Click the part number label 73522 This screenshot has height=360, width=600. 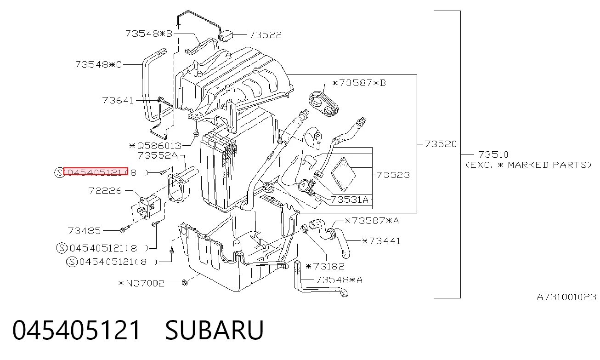click(265, 35)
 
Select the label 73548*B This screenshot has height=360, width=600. click(149, 34)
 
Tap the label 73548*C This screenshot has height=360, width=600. click(99, 64)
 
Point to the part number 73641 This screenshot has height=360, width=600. click(118, 100)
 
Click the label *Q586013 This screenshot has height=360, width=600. click(155, 146)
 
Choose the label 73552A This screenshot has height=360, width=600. click(158, 155)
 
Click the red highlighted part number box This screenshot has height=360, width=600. click(96, 171)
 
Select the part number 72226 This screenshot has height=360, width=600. click(105, 191)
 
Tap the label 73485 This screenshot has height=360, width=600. click(84, 230)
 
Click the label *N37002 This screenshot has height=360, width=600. click(141, 283)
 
